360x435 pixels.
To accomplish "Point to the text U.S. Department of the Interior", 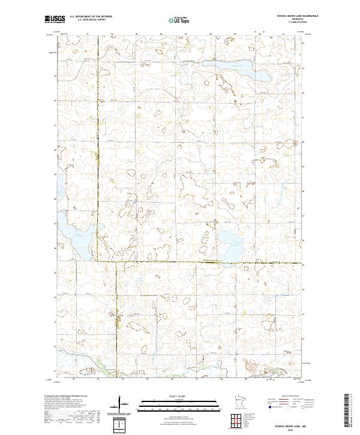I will [91, 17].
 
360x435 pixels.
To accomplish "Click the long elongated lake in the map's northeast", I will [227, 65].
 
